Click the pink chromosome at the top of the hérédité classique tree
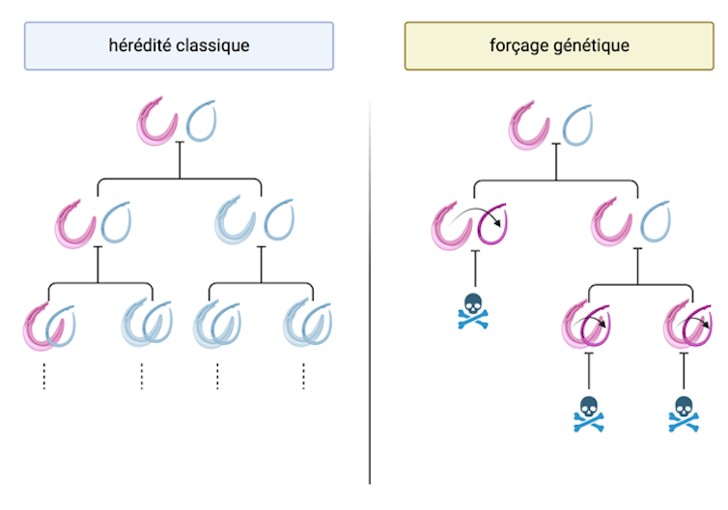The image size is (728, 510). [157, 123]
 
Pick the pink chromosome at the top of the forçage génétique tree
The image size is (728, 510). [530, 123]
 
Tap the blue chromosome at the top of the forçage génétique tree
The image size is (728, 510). [576, 123]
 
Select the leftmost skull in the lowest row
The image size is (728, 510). [588, 413]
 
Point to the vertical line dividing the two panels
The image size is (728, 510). [370, 290]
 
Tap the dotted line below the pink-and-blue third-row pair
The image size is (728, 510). [44, 375]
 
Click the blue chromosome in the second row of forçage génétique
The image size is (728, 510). [658, 221]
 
